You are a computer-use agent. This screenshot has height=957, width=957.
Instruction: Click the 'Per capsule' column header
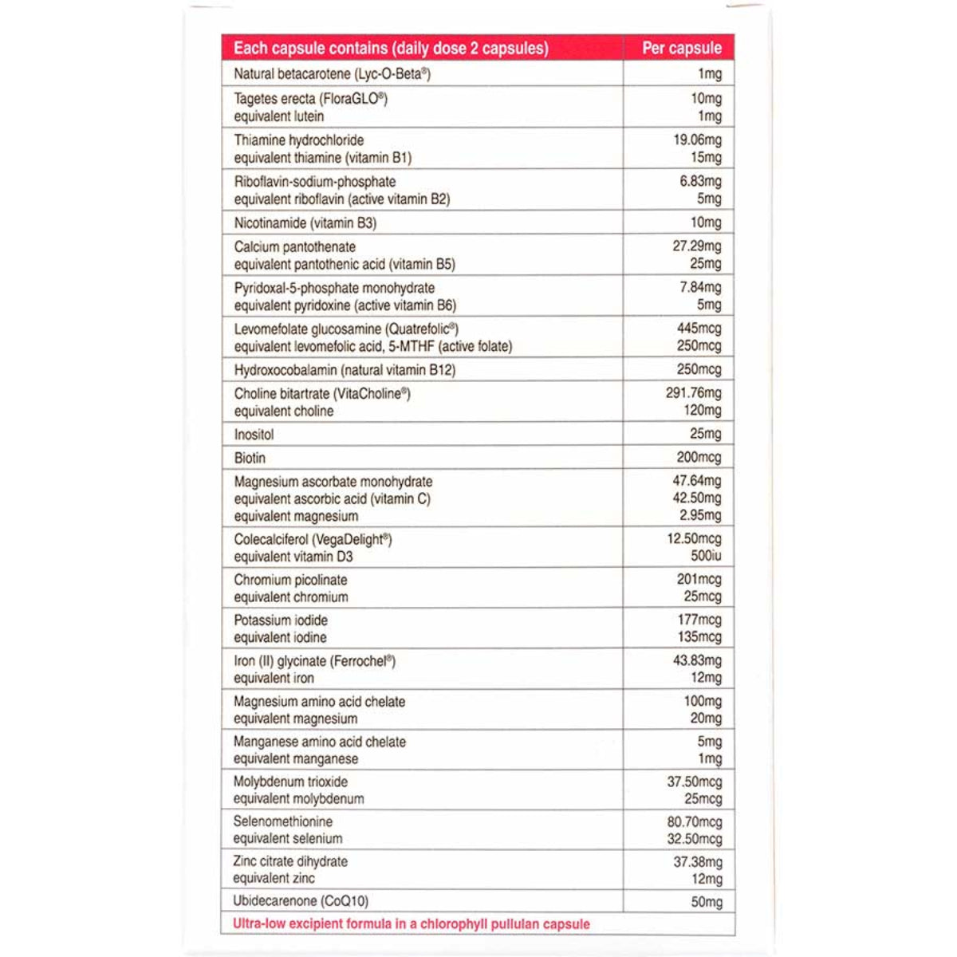pos(681,48)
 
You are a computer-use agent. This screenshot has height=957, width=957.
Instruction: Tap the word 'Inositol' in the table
pos(254,435)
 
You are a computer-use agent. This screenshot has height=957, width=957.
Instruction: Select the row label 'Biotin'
pos(250,458)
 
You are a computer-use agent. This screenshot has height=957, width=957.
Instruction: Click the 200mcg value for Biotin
pos(699,458)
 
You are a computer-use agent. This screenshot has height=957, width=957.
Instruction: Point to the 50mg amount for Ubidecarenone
pos(706,902)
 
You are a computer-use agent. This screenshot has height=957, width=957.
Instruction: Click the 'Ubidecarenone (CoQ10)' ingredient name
pos(301,901)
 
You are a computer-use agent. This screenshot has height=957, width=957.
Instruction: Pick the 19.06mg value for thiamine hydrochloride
pos(697,140)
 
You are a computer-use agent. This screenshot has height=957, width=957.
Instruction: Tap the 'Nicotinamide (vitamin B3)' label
pos(305,223)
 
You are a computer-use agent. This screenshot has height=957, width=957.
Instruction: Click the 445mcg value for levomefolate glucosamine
pos(699,329)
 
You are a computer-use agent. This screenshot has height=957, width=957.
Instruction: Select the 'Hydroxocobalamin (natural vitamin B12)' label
pos(345,370)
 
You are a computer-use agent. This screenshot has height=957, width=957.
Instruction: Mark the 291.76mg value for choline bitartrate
pos(693,393)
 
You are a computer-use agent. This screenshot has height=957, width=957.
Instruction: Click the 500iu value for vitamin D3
pos(706,556)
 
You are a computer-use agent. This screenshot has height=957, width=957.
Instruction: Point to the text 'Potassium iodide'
pos(281,620)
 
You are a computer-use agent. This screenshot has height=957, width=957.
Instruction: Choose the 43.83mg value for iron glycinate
pos(697,660)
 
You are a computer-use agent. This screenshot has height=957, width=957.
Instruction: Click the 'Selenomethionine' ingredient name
pos(282,821)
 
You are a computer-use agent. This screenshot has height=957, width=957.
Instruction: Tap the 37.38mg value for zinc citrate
pos(697,862)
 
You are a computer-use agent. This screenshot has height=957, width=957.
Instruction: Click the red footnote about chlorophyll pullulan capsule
pos(411,924)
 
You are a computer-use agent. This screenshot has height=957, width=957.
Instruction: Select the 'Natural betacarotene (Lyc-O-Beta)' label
pos(332,74)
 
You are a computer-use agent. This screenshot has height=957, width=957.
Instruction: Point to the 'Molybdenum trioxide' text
pos(290,782)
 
